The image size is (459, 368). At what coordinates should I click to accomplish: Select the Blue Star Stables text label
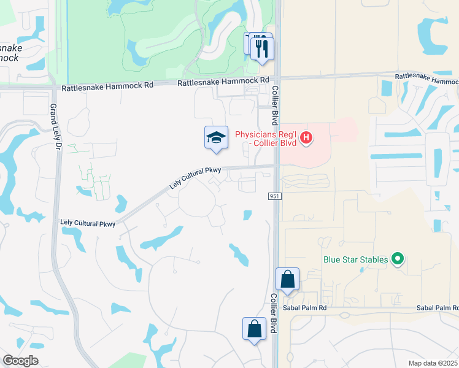coord(356,259)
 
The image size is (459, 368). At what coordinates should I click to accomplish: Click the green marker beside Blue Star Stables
coord(398,259)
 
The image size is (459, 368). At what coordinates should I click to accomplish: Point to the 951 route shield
coord(274,196)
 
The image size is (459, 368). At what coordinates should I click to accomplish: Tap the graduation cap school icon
coord(216,137)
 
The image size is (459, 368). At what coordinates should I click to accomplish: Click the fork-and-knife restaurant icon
coord(262,48)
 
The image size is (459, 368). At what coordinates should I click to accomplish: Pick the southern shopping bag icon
coord(254,329)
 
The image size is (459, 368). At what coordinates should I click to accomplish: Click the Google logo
coord(20,361)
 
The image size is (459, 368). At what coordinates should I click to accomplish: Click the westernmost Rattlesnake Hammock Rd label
coord(107,88)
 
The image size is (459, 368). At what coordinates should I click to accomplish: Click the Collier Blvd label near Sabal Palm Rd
coord(274,312)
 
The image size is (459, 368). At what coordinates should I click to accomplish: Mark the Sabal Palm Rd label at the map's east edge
coord(437,307)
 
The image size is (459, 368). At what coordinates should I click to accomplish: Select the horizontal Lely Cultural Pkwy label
coord(88,223)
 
